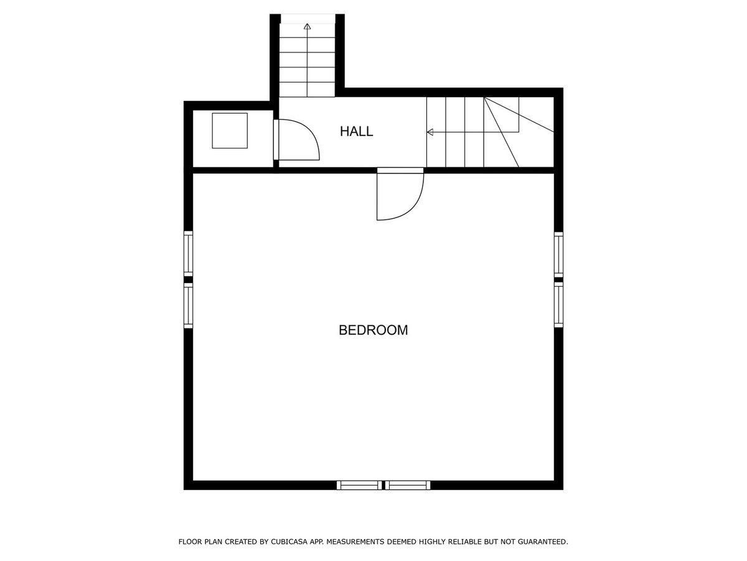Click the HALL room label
click(x=356, y=131)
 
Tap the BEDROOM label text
click(x=374, y=330)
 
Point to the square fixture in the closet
click(x=230, y=131)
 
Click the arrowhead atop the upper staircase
click(x=308, y=26)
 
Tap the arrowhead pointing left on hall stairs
click(x=430, y=132)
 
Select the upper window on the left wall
click(x=188, y=254)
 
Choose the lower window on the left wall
click(x=188, y=305)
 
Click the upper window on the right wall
click(x=558, y=254)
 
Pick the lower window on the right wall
click(x=558, y=305)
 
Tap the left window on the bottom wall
click(x=359, y=485)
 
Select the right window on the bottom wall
click(x=408, y=485)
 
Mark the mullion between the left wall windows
click(x=188, y=280)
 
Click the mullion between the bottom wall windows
click(x=383, y=485)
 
